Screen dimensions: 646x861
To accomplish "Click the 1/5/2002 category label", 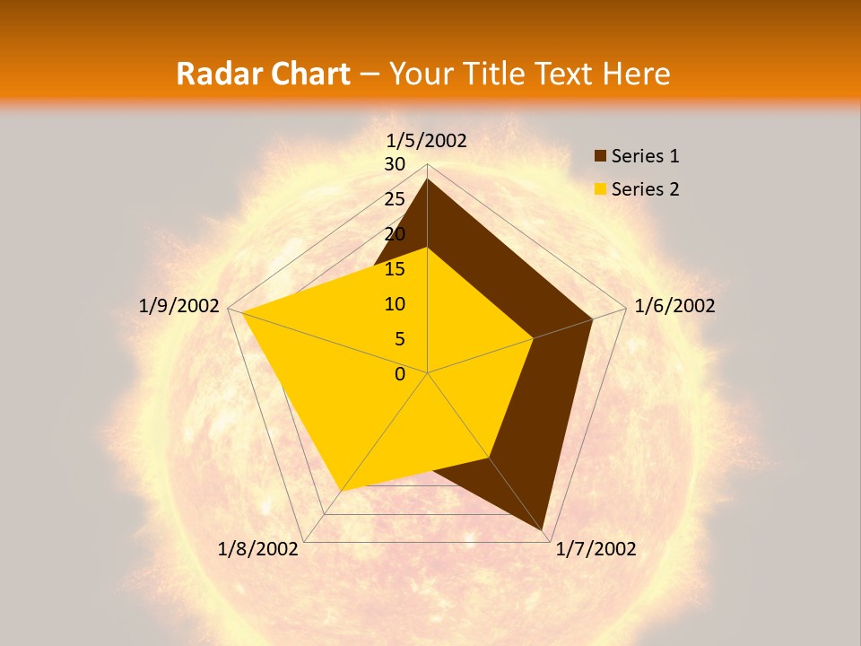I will point(427,140).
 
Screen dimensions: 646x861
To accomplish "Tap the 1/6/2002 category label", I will point(674,306).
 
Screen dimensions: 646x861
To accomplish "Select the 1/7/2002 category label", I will point(596,549).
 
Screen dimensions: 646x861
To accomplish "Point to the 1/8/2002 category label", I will point(258,549).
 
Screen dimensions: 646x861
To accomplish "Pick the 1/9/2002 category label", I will point(179,306).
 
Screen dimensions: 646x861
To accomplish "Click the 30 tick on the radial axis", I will point(395,164).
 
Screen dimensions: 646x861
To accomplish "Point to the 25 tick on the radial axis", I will point(395,199).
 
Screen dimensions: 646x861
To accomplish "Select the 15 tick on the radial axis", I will point(395,269).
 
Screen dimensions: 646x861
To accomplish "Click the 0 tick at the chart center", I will point(400,374).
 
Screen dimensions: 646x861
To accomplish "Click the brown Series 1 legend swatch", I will point(601,156).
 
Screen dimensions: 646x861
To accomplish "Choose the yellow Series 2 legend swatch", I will point(601,189).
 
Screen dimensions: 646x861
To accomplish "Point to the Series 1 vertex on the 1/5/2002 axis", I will point(427,179).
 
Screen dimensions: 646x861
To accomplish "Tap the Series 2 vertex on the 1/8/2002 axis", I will point(342,491).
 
